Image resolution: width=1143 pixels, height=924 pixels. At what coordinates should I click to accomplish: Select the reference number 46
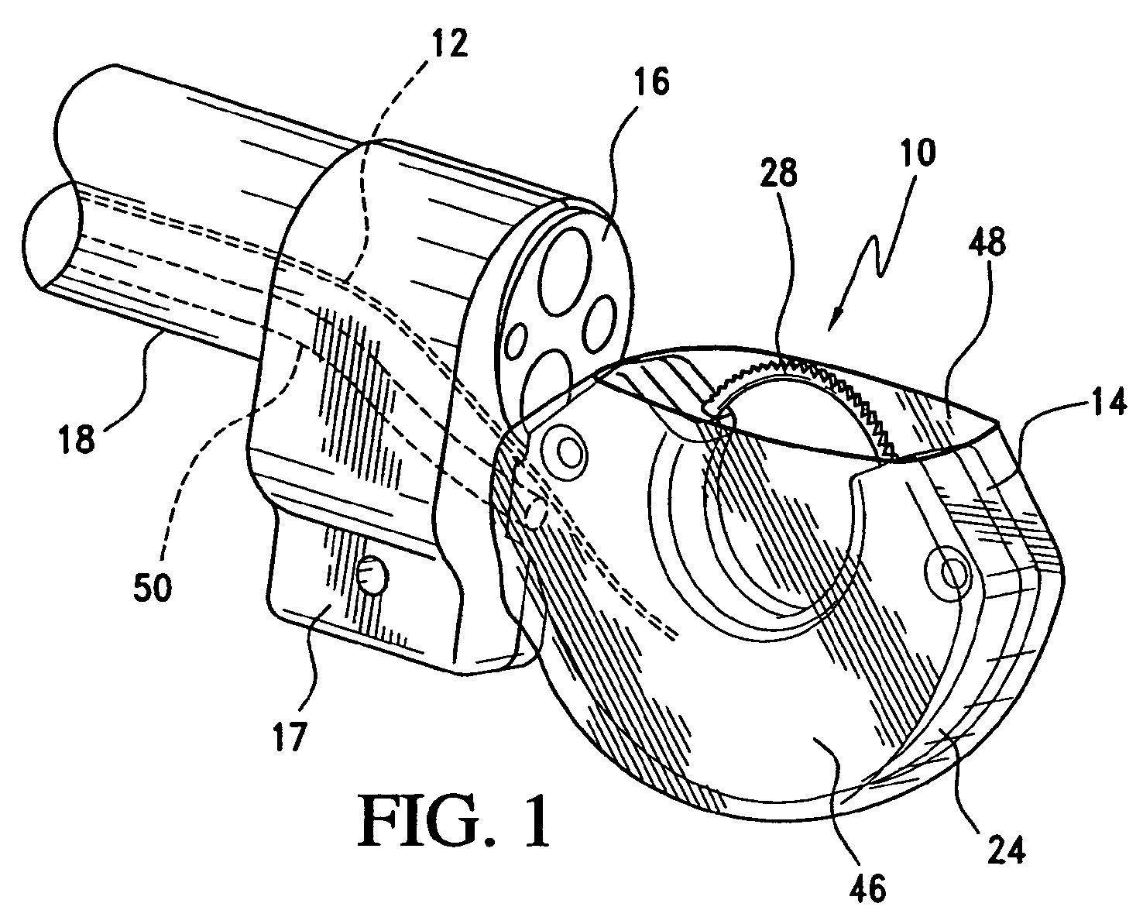pos(866,889)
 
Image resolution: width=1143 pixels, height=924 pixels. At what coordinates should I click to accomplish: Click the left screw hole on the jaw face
pos(569,452)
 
